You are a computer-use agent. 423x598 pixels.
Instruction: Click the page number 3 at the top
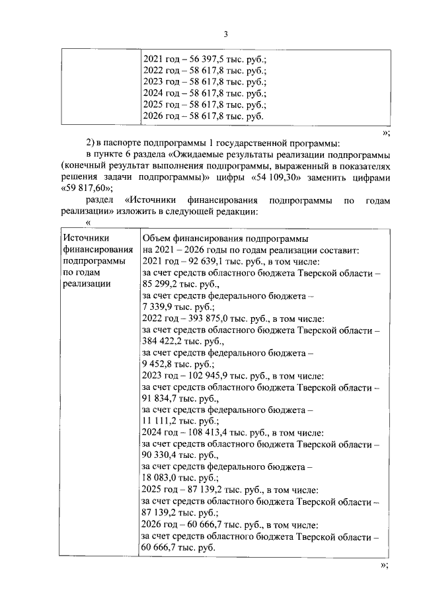pyautogui.click(x=225, y=34)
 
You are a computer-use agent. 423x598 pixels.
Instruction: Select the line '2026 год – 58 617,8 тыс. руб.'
pyautogui.click(x=203, y=116)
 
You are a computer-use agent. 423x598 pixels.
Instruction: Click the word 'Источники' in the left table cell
pyautogui.click(x=85, y=239)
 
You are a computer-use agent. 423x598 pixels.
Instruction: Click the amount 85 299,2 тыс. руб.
pyautogui.click(x=160, y=285)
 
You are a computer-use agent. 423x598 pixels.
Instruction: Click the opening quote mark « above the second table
pyautogui.click(x=88, y=224)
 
